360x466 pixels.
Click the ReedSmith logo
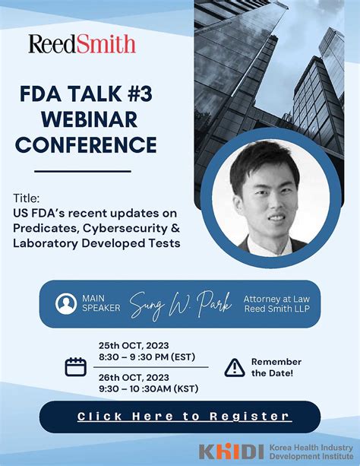82,43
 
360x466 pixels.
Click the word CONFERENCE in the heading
87,144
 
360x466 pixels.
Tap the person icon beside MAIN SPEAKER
65,303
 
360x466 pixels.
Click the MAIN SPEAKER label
96,303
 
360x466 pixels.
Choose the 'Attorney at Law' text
276,298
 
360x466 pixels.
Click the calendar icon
75,367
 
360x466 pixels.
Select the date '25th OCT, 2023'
135,344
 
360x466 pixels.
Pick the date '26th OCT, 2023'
135,378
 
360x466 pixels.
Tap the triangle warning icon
235,367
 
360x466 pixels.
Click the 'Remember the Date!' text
276,367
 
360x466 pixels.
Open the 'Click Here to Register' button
184,416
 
